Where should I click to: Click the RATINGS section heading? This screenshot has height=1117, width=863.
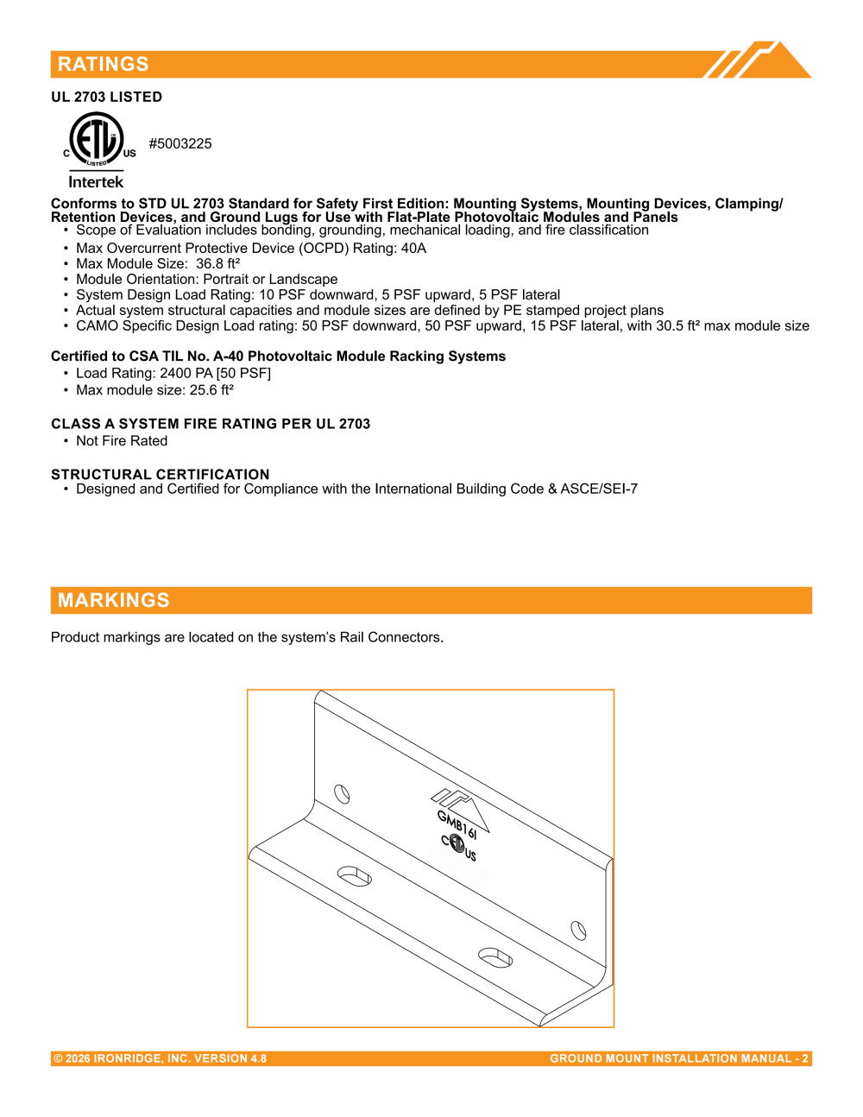103,64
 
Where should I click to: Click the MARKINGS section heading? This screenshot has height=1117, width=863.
114,600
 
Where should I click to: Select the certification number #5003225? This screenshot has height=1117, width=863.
180,143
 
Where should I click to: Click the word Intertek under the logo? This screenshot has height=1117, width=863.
96,182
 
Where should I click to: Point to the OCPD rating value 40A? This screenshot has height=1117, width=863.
413,249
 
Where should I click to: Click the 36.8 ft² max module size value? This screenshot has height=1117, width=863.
217,263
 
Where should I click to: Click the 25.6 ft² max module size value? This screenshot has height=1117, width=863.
211,390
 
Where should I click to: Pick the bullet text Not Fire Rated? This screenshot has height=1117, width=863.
122,441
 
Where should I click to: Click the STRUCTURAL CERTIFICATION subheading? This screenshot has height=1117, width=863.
160,474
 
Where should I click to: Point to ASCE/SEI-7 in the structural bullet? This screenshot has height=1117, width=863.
599,489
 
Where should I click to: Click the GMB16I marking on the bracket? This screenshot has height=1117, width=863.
457,825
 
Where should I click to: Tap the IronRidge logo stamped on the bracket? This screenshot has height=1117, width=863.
460,809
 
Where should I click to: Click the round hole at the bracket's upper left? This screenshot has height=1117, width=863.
342,793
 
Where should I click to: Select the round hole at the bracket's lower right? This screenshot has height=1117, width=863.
578,931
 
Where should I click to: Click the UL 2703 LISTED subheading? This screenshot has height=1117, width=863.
106,98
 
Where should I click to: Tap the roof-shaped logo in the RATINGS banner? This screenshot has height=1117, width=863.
757,60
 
